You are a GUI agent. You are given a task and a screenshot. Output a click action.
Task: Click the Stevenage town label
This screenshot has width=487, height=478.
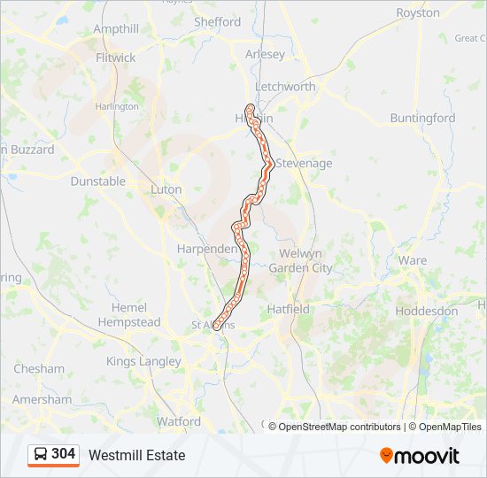click(304, 164)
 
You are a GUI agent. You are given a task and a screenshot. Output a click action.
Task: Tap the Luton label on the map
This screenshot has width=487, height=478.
click(166, 189)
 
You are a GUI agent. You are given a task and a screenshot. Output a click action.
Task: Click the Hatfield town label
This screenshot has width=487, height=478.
click(289, 310)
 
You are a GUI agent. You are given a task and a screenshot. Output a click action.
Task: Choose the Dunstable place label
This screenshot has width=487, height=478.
click(98, 181)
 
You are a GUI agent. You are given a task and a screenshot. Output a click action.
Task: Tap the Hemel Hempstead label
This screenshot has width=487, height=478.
click(128, 315)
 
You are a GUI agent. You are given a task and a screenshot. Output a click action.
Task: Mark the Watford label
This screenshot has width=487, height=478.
click(178, 421)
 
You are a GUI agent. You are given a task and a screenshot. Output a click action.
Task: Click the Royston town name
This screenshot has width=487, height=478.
click(418, 13)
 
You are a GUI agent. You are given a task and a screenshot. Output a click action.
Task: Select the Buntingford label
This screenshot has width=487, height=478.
click(422, 118)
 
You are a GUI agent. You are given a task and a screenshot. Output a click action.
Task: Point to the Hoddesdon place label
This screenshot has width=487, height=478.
click(426, 312)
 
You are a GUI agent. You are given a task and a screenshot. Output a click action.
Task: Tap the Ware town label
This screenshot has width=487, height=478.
click(412, 260)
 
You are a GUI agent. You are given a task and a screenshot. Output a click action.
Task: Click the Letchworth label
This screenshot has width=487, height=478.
click(285, 87)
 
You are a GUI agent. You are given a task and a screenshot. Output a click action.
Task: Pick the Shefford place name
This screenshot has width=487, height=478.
click(217, 22)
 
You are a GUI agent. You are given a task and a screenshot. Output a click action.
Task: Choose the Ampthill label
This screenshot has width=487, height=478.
click(116, 29)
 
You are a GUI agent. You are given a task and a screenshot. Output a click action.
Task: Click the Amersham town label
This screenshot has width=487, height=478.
click(43, 399)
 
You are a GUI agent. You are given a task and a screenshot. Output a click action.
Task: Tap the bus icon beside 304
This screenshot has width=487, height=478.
click(41, 455)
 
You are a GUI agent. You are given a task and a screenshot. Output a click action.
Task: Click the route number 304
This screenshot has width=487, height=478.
click(63, 454)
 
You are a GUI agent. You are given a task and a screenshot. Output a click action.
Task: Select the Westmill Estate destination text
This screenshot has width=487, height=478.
click(136, 455)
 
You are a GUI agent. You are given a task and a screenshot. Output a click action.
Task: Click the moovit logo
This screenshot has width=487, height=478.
click(420, 456)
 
